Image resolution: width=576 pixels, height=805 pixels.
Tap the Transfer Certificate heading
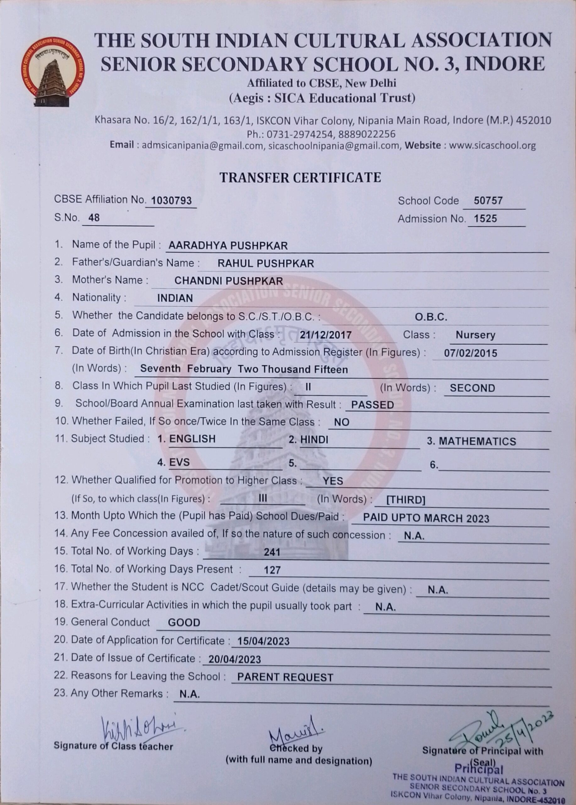tap(300, 177)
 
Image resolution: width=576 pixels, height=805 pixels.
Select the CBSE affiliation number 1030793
tap(171, 201)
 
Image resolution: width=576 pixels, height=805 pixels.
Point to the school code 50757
tap(488, 201)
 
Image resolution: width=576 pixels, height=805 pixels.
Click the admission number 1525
tap(485, 219)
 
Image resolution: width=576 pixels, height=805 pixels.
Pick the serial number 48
tap(94, 218)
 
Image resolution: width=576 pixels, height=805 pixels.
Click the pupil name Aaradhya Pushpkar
tap(228, 245)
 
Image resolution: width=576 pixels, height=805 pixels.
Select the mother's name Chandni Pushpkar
tap(228, 281)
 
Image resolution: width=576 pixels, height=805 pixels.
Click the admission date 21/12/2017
tap(325, 335)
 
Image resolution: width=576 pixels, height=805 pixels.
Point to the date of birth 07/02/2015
tap(470, 353)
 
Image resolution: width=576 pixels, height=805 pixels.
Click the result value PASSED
tap(372, 405)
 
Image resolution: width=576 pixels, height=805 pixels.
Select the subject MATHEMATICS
tap(477, 441)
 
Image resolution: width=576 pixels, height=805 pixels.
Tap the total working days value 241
tap(272, 552)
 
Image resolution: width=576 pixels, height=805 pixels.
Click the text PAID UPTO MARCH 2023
tap(426, 519)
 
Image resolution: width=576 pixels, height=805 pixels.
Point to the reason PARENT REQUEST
tap(285, 678)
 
